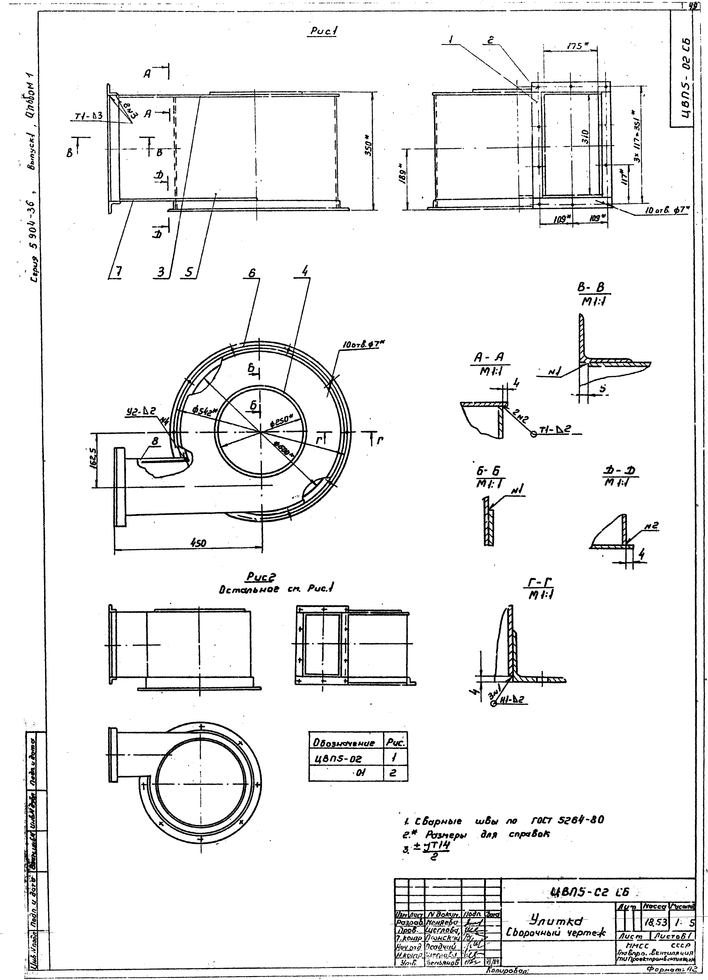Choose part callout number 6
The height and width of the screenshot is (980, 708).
(252, 273)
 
